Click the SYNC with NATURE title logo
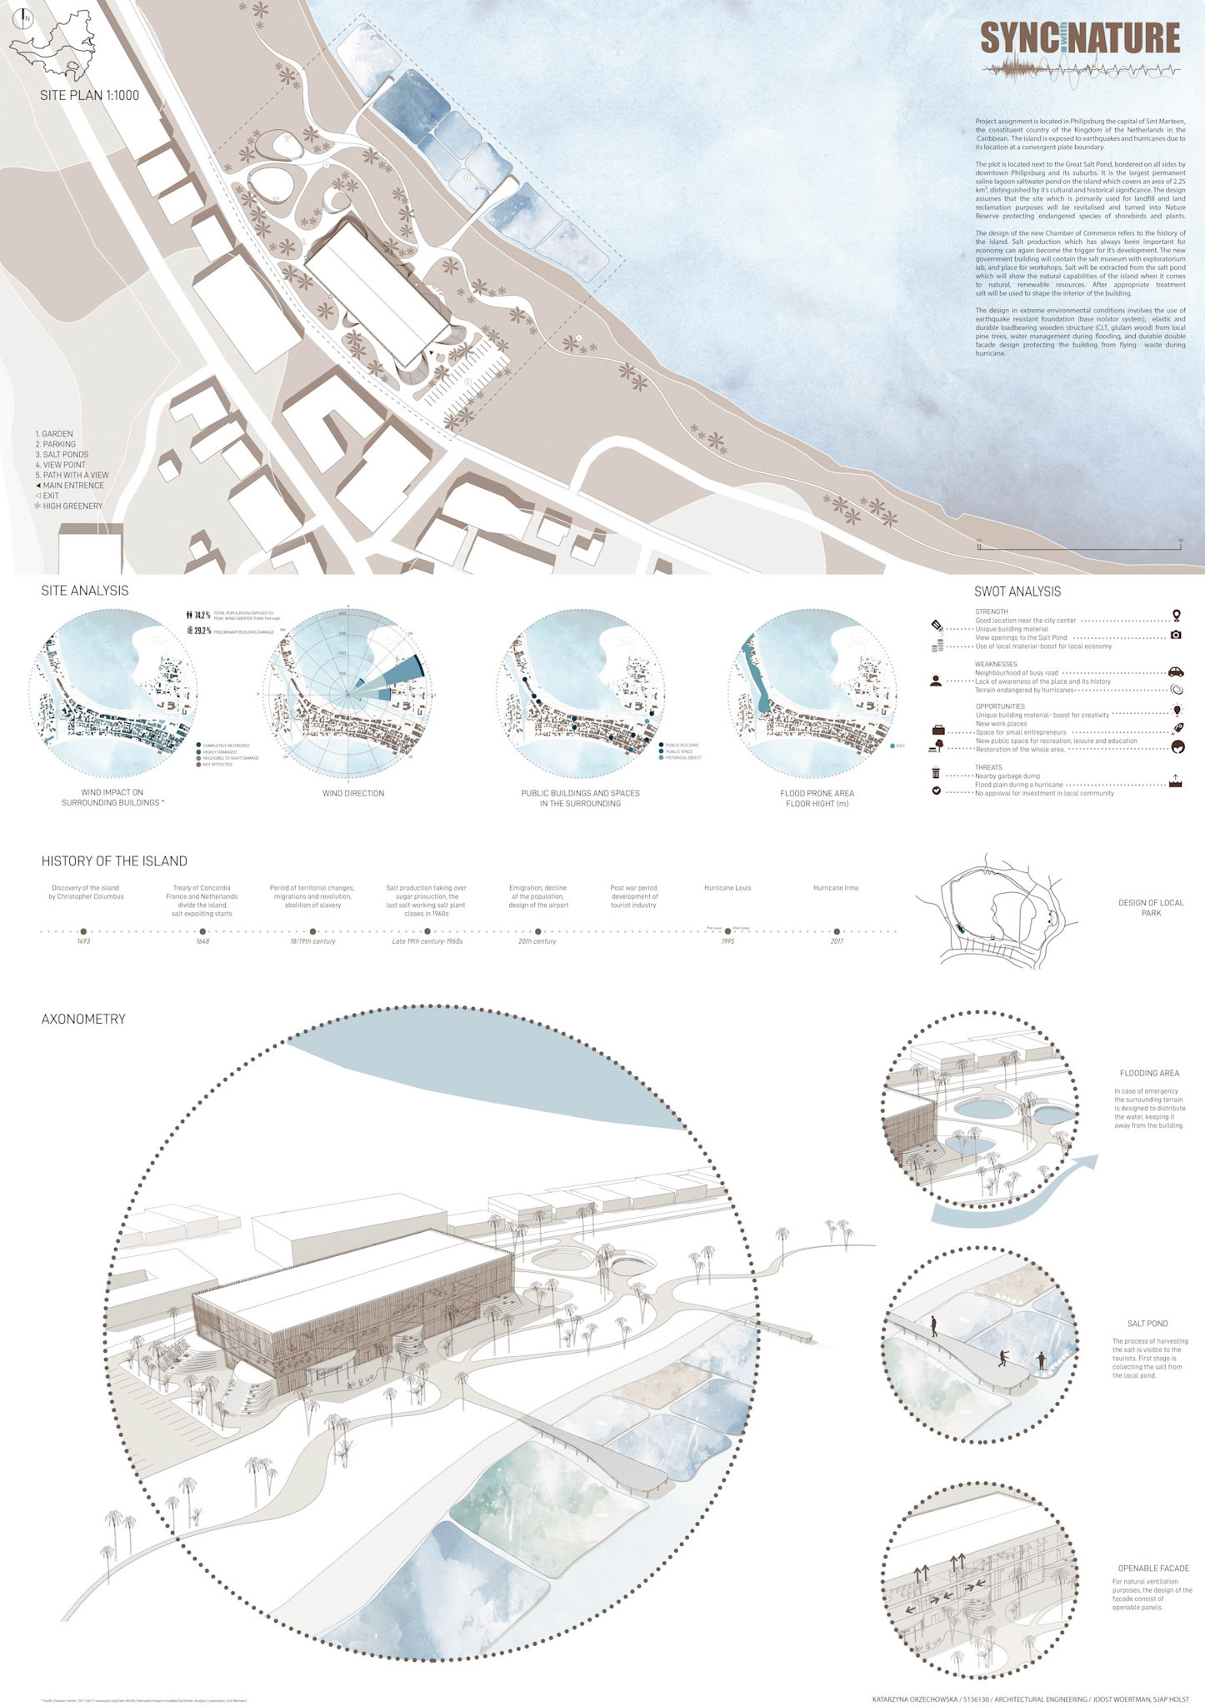[1080, 40]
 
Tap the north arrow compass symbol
[26, 18]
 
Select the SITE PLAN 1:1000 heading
[89, 95]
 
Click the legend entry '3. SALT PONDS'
[62, 455]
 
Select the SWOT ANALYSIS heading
[1017, 591]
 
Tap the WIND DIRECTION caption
[353, 793]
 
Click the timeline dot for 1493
[83, 931]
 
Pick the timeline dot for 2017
[837, 931]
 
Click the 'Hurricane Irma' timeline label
[836, 888]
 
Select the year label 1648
[202, 941]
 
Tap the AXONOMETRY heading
[83, 1019]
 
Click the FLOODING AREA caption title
[1149, 1074]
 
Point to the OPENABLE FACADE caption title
[1153, 1569]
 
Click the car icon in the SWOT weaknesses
[1176, 672]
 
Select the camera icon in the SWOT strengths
[1176, 635]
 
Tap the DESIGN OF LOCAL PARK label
[1151, 908]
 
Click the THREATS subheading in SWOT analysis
[988, 767]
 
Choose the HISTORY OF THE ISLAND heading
[114, 861]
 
